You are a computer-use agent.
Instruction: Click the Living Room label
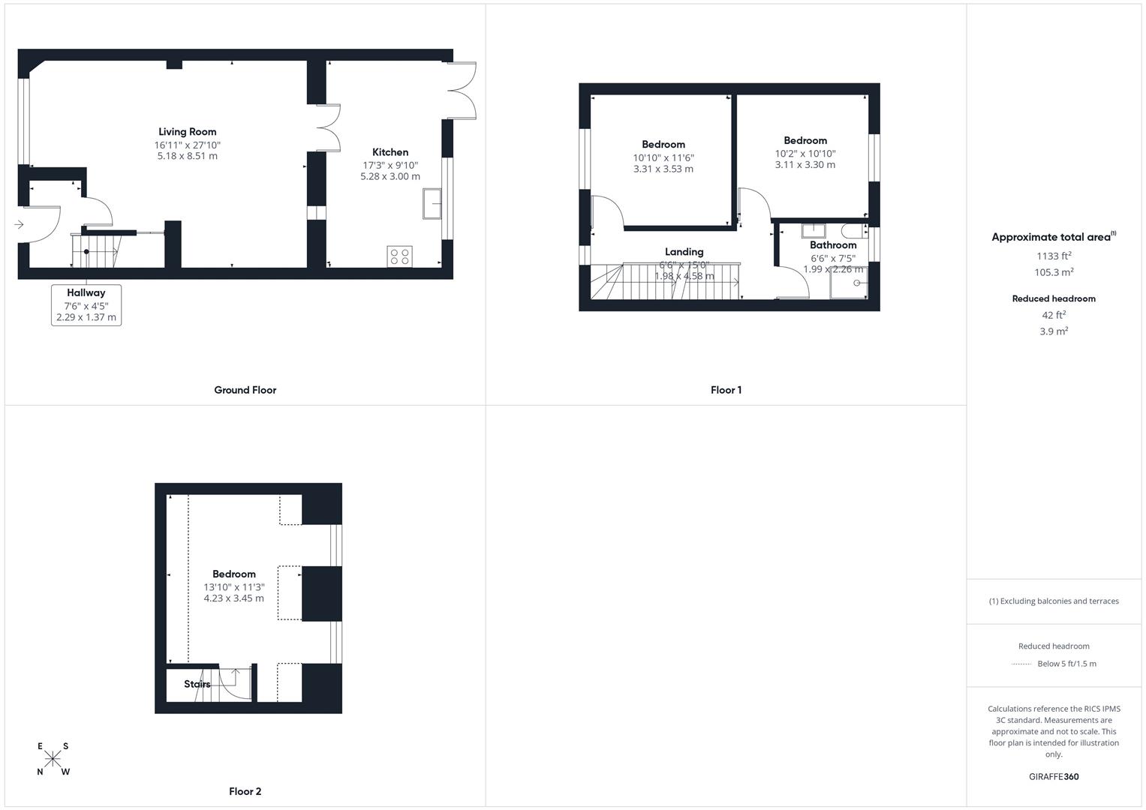tap(188, 132)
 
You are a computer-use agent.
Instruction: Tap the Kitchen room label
tap(390, 152)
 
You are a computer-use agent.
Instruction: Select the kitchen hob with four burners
tap(399, 256)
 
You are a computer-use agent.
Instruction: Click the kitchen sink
tap(432, 203)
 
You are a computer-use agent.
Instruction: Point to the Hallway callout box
tap(86, 304)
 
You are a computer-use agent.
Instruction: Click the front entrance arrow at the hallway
tap(19, 224)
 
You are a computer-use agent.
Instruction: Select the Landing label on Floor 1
tap(684, 252)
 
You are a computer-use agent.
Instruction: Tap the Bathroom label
tap(833, 245)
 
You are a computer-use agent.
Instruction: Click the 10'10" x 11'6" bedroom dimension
tap(663, 157)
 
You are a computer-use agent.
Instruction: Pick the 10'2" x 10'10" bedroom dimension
tap(805, 154)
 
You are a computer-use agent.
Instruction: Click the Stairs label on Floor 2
tap(197, 684)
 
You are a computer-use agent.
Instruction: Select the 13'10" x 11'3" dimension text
tap(234, 587)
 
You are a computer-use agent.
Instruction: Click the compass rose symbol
tap(53, 759)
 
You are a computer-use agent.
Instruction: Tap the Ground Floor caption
tap(245, 390)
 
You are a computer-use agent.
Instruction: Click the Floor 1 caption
tap(726, 390)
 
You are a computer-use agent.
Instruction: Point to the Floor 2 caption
tap(245, 791)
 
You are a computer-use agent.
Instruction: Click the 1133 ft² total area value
tap(1054, 256)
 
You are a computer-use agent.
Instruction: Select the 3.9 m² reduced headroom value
tap(1054, 331)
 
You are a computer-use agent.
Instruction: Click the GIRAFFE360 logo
tap(1054, 776)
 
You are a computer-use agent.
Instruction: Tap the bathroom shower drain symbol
tap(857, 283)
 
